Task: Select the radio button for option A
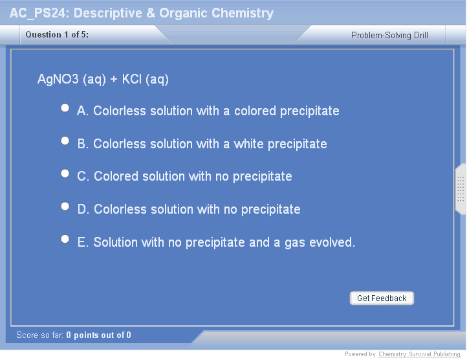pos(65,107)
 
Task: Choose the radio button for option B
pos(65,141)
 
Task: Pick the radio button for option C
pos(65,174)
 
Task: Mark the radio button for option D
pos(65,206)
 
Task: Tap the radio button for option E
pos(65,239)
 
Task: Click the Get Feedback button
pos(382,298)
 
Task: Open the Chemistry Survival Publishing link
pos(419,354)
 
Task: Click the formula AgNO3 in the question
pos(58,80)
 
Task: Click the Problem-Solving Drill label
pos(389,35)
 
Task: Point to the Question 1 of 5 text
pos(57,34)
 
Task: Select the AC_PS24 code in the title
pos(38,14)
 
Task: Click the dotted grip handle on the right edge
pos(461,189)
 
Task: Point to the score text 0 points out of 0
pos(98,335)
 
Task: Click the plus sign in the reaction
pos(114,80)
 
